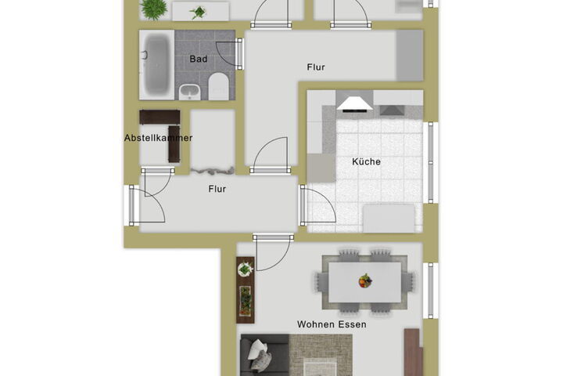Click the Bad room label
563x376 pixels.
[x=198, y=59]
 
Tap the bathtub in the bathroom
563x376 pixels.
[x=156, y=64]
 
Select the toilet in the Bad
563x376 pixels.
[x=219, y=85]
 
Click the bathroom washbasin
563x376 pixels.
[x=189, y=92]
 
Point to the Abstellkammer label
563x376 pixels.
[x=158, y=138]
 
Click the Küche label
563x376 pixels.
[x=366, y=161]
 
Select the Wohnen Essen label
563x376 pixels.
[x=332, y=324]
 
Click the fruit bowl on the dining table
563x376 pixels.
[x=365, y=280]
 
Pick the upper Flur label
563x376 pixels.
[x=316, y=67]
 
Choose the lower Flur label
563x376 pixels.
[x=217, y=189]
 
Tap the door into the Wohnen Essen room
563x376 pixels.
[x=272, y=254]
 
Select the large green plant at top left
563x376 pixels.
[x=154, y=9]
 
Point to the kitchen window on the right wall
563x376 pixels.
[x=431, y=163]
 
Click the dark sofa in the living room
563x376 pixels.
[x=264, y=355]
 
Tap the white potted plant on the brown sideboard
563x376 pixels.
[x=246, y=269]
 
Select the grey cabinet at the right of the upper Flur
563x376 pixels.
[x=410, y=56]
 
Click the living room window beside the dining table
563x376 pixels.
[x=431, y=291]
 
